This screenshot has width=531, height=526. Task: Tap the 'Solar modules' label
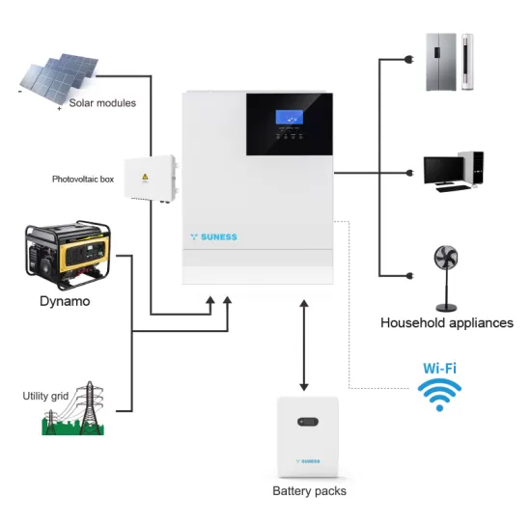pos(102,103)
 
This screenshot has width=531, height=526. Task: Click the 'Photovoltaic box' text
pos(84,180)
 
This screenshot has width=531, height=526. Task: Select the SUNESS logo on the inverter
pos(215,236)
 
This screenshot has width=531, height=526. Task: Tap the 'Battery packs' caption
pos(309,491)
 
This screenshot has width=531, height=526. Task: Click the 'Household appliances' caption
pos(447,323)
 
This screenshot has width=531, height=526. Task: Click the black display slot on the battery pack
pos(309,422)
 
